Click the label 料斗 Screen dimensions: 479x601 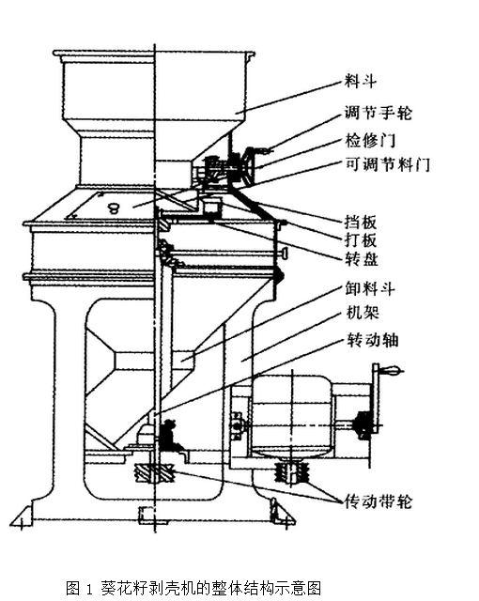click(x=361, y=82)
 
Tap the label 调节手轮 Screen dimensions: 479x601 click(x=378, y=113)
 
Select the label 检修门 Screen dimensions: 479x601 click(x=370, y=140)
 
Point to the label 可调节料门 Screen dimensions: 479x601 click(x=388, y=165)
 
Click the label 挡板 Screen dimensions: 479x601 click(x=361, y=223)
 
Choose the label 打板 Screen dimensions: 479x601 click(x=361, y=240)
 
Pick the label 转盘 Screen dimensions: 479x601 click(x=362, y=259)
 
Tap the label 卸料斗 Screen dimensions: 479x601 click(x=370, y=288)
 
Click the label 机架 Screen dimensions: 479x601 click(x=363, y=313)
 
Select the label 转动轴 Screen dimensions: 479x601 click(x=373, y=340)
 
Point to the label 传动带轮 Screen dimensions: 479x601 click(x=378, y=501)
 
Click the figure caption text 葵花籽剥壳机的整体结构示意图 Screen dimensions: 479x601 click(x=210, y=588)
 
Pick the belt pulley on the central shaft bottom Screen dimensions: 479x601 click(x=154, y=473)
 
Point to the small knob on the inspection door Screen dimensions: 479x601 click(x=114, y=208)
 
